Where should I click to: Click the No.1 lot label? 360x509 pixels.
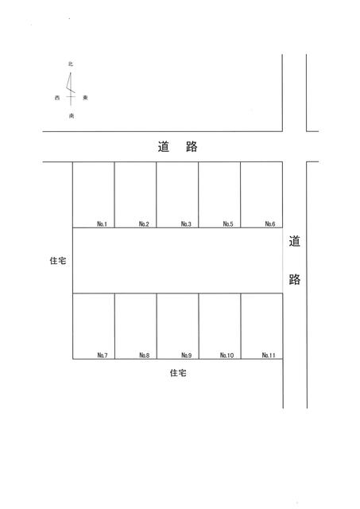point(102,223)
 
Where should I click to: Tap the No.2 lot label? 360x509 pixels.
point(144,223)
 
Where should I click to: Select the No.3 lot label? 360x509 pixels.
point(186,223)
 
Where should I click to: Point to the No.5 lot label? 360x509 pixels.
point(228,223)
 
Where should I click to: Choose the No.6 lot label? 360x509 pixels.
point(270,223)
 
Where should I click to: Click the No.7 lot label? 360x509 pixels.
point(103,356)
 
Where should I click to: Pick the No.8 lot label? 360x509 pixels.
point(145,356)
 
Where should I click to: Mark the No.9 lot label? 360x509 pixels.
point(187,356)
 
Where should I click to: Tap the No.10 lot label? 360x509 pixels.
point(226,356)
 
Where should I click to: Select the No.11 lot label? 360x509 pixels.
point(269,356)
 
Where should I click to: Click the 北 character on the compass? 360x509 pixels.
point(71,64)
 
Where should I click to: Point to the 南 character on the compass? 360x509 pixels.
point(72,115)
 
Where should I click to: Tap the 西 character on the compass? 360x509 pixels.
point(57,98)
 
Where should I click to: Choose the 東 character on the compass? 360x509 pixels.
point(85,98)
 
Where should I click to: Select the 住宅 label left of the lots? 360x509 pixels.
point(58,260)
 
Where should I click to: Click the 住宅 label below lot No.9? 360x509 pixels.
point(178,373)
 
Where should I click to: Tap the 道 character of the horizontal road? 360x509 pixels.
point(164,146)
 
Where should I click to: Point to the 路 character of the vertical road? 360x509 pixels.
point(295,279)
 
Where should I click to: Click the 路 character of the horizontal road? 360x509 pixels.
point(192,146)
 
